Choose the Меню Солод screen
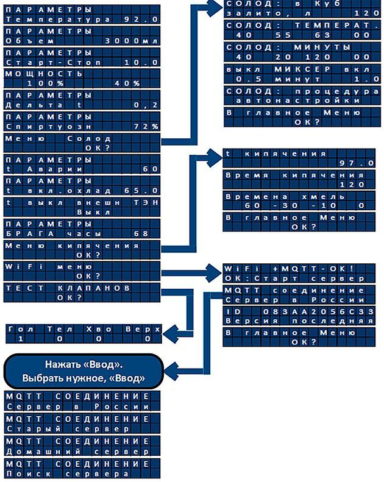(82, 143)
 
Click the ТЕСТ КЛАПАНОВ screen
(82, 292)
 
